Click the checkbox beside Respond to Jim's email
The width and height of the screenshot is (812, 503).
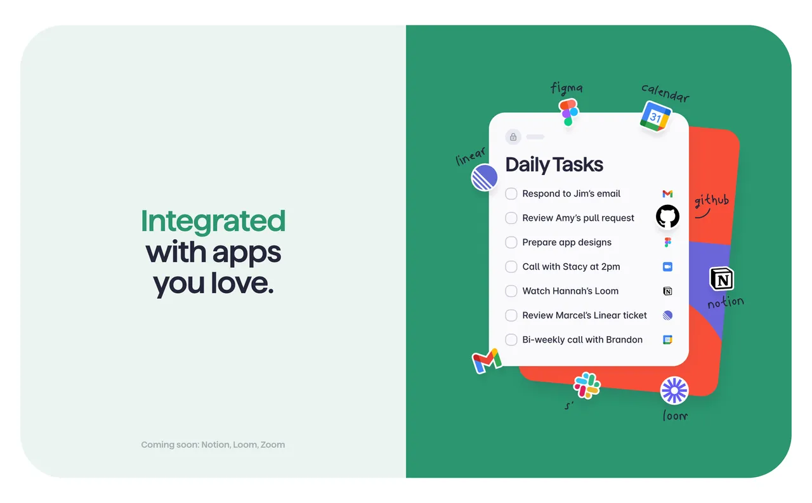coord(511,193)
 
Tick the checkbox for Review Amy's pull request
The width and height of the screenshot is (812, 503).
coord(511,218)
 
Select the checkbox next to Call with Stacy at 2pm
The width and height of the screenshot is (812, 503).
coord(511,266)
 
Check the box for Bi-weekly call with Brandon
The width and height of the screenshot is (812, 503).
coord(511,339)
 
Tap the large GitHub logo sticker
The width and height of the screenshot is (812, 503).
coord(667,216)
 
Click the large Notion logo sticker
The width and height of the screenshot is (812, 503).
coord(721,279)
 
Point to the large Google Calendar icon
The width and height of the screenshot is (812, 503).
coord(655,117)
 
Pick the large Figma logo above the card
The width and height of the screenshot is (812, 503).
coord(568,112)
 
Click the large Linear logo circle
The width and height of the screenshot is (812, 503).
coord(484,177)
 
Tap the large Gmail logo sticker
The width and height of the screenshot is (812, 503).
coord(487,361)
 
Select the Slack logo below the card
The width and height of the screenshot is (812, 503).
coord(587,385)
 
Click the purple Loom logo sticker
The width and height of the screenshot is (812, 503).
coord(674,390)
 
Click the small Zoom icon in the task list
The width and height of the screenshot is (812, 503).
coord(667,267)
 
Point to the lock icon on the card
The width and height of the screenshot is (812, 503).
coord(513,137)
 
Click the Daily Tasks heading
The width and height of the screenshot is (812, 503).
coord(554,165)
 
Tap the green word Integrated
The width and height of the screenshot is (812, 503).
coord(213,221)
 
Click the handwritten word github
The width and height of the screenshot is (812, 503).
coord(711,201)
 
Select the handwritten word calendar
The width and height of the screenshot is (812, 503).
coord(665,93)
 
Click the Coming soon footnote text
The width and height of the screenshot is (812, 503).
coord(213,445)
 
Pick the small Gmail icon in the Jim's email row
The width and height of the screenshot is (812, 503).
coord(667,194)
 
